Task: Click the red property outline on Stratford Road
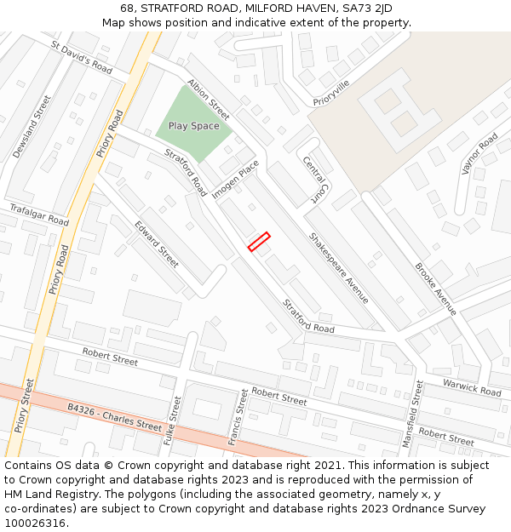pyautogui.click(x=259, y=242)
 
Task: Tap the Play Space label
pyautogui.click(x=193, y=126)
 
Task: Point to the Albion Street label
pyautogui.click(x=209, y=100)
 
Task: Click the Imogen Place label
pyautogui.click(x=236, y=180)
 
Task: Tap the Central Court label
pyautogui.click(x=314, y=179)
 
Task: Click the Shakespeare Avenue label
pyautogui.click(x=339, y=268)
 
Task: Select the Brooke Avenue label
pyautogui.click(x=436, y=289)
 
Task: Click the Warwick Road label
pyautogui.click(x=472, y=388)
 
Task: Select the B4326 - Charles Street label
pyautogui.click(x=114, y=417)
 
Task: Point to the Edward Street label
pyautogui.click(x=157, y=244)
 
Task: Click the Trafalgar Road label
pyautogui.click(x=38, y=215)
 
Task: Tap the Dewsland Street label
pyautogui.click(x=32, y=127)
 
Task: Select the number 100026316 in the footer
pyautogui.click(x=35, y=523)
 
